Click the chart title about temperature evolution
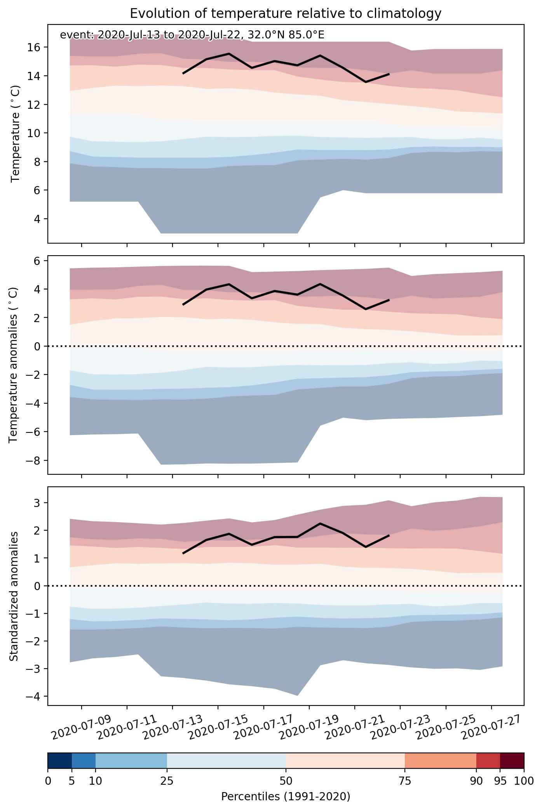point(286,14)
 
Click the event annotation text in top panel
point(192,35)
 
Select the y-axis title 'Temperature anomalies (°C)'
point(14,365)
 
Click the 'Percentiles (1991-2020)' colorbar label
point(286,797)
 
